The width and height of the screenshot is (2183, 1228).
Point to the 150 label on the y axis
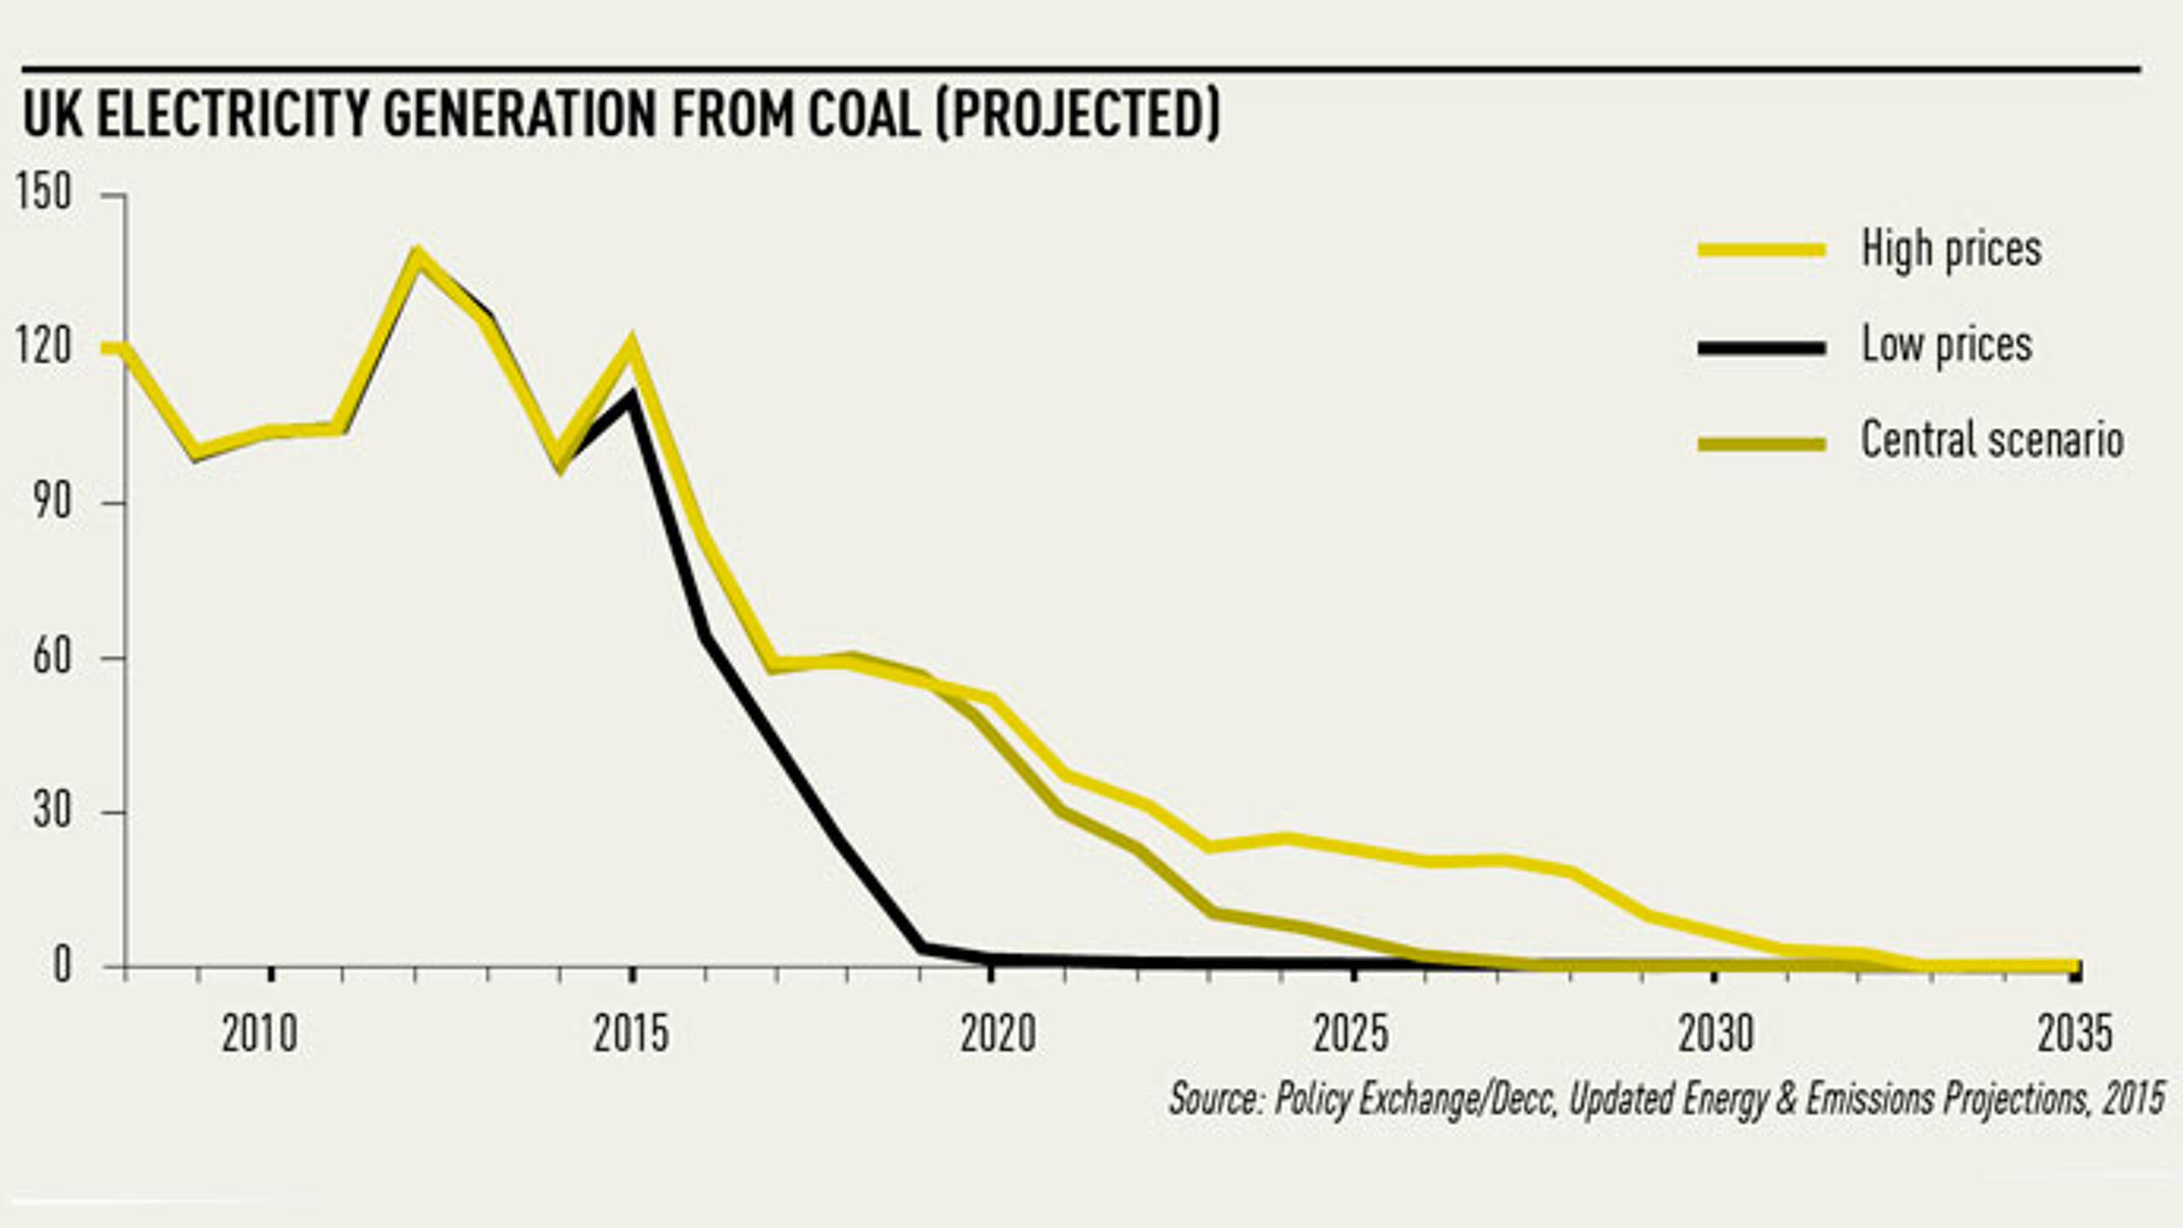click(x=43, y=193)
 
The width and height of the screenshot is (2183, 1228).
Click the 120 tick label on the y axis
click(x=43, y=347)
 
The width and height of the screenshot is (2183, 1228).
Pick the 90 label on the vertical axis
click(x=52, y=502)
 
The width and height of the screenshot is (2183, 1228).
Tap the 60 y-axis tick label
click(x=52, y=657)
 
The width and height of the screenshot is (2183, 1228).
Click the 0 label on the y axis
click(x=62, y=966)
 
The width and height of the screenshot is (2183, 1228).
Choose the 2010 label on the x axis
click(x=260, y=1034)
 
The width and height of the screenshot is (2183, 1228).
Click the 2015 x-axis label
click(x=631, y=1034)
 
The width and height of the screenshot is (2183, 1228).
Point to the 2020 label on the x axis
click(x=998, y=1034)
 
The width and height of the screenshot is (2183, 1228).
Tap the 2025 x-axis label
click(x=1352, y=1034)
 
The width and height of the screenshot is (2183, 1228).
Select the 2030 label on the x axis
click(x=1716, y=1034)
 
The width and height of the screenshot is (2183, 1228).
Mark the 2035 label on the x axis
click(x=2075, y=1034)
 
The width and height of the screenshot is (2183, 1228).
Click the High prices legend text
click(x=1951, y=250)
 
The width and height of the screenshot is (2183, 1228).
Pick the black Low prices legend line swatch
click(x=1762, y=347)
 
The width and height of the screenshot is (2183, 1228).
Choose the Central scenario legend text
click(x=1992, y=441)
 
